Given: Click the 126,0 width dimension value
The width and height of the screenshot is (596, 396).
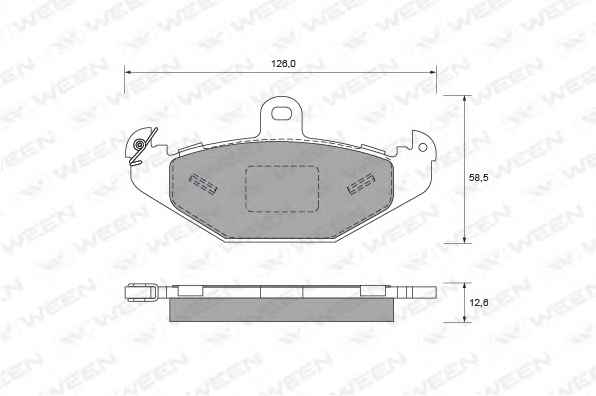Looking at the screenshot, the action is tap(283, 64).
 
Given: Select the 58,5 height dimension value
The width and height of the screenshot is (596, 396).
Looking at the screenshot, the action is tap(478, 177).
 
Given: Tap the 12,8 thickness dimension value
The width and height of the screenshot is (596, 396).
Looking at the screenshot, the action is tap(479, 303).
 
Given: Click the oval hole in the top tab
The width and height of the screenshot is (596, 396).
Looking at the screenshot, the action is tap(281, 113).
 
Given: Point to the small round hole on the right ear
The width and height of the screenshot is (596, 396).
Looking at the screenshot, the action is tap(423, 147).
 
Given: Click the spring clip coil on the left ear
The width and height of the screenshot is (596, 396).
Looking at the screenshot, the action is tap(140, 145).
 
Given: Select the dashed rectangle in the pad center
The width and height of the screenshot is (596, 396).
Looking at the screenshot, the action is tap(281, 188).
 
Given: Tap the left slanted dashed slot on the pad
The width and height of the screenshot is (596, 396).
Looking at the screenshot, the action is tap(203, 184).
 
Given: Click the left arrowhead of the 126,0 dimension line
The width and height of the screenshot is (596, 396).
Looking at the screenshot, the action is tap(128, 72).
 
